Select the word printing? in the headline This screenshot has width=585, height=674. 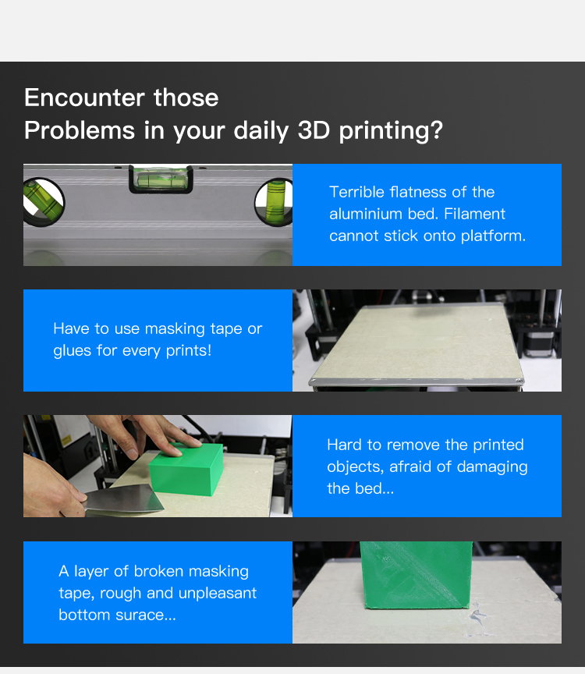click(x=391, y=131)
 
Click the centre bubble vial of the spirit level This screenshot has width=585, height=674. click(x=161, y=179)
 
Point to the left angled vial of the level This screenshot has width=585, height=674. click(x=43, y=201)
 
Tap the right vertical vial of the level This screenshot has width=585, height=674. click(x=275, y=202)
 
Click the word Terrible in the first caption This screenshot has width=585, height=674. click(x=356, y=192)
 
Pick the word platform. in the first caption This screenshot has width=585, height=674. click(x=494, y=236)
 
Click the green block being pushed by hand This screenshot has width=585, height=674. click(x=186, y=470)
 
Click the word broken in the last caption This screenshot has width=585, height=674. click(x=158, y=571)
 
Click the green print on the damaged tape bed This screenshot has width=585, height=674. click(x=416, y=575)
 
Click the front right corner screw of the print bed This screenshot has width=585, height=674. click(x=519, y=381)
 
